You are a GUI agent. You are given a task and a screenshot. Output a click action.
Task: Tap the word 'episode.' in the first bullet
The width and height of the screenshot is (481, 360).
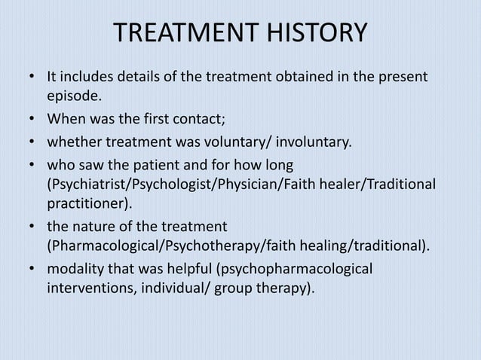click(73, 96)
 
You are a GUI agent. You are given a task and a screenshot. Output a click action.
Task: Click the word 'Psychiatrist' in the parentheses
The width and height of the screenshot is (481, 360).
click(83, 184)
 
